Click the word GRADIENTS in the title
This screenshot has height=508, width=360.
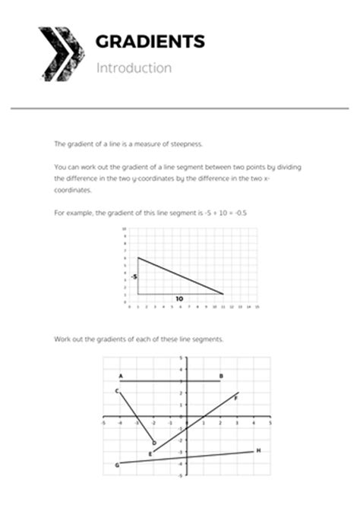click(x=150, y=42)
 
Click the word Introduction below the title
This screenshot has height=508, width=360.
click(x=134, y=68)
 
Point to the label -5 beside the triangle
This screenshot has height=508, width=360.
click(x=133, y=277)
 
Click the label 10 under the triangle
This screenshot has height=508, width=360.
click(x=178, y=299)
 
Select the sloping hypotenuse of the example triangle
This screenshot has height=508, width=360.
click(x=181, y=276)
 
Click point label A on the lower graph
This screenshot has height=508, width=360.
click(x=121, y=376)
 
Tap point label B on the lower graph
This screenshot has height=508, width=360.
click(x=220, y=376)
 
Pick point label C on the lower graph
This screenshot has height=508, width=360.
click(x=117, y=390)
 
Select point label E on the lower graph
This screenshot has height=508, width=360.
click(x=150, y=453)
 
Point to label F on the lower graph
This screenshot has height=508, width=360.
click(x=237, y=395)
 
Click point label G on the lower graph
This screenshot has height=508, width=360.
click(x=117, y=464)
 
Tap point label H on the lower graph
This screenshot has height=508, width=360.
click(x=259, y=450)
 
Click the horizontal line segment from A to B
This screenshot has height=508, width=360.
click(x=171, y=381)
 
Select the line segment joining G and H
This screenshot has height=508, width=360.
click(x=188, y=456)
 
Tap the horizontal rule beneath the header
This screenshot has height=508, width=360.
click(x=180, y=109)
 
